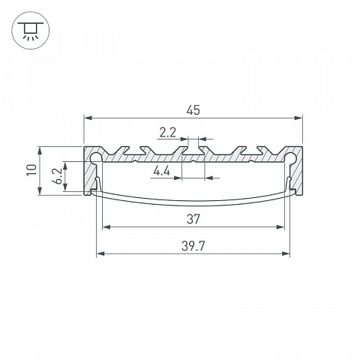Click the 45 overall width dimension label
tap(193, 110)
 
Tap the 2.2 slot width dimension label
tap(168, 133)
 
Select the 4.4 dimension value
tap(162, 172)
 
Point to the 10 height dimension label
tap(31, 170)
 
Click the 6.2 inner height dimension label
tap(58, 176)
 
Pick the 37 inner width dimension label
tap(193, 219)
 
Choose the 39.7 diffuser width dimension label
tap(193, 246)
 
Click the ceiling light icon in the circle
tap(31, 31)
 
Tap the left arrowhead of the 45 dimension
tap(88, 118)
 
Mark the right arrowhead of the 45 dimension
tap(298, 118)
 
